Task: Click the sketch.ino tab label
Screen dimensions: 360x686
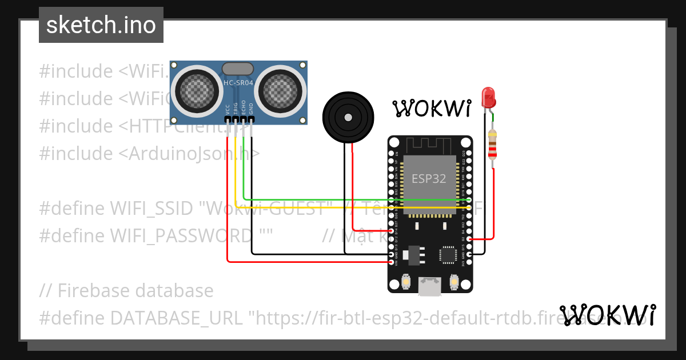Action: click(101, 25)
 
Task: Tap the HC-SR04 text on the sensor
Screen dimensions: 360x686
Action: click(238, 83)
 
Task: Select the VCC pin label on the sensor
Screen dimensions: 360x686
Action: click(228, 109)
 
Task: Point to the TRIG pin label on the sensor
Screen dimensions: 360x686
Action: click(236, 109)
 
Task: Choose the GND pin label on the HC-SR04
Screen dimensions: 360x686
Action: click(251, 109)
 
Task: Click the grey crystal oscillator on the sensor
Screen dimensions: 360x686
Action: click(238, 69)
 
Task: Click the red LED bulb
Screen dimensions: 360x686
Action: click(488, 98)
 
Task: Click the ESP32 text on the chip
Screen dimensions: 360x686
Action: click(429, 178)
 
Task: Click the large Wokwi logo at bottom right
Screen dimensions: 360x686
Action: click(608, 315)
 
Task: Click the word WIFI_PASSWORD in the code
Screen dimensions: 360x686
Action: click(181, 235)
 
